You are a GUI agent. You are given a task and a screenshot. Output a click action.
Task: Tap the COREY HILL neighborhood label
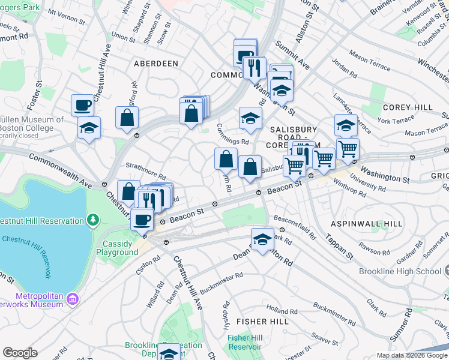[x=399, y=107]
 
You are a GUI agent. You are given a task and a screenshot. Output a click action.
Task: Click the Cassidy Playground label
[x=120, y=248]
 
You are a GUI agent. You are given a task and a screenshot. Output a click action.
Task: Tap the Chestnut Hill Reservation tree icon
[x=92, y=221]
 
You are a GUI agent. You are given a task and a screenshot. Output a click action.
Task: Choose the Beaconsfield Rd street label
[x=294, y=224]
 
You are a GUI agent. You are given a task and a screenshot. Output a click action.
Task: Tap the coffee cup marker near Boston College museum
[x=83, y=106]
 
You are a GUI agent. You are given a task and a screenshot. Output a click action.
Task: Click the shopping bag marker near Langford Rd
[x=127, y=118]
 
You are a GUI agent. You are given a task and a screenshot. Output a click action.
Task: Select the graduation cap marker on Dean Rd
[x=262, y=240]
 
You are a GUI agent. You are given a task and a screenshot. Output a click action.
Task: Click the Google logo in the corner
[x=20, y=353]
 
